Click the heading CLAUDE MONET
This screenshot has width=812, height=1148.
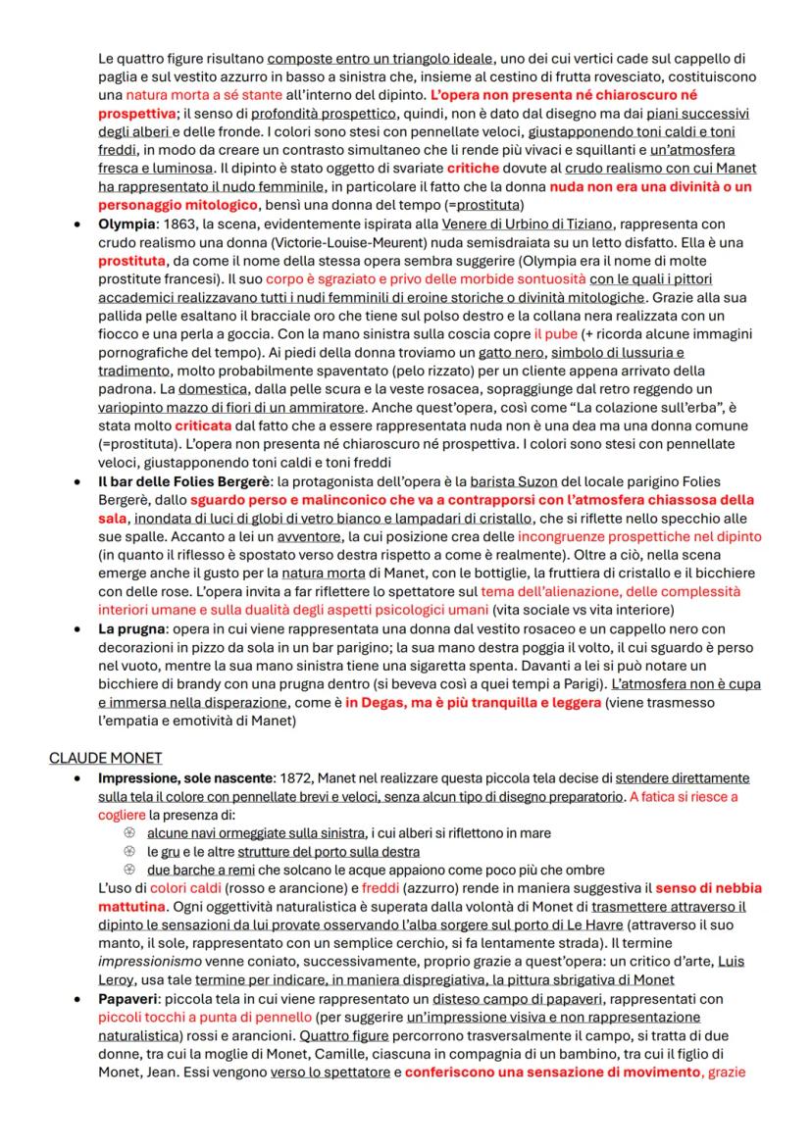105,758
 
